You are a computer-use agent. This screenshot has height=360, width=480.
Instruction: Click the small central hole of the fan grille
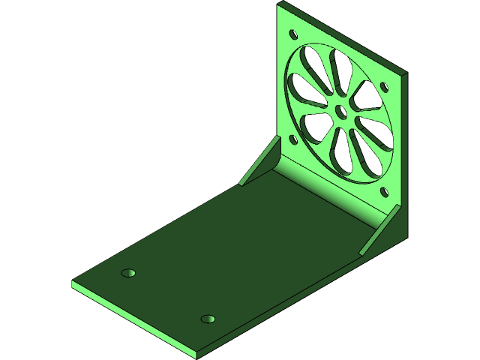(x=342, y=112)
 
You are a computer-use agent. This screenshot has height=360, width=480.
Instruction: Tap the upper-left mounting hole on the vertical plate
(x=293, y=34)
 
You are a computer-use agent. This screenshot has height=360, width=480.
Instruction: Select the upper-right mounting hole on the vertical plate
(x=388, y=85)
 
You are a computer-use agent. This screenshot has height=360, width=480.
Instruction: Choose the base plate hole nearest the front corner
(x=208, y=319)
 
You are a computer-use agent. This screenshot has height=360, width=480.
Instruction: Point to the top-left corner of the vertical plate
(x=279, y=4)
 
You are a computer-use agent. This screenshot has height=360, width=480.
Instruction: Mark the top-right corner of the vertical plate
(x=406, y=74)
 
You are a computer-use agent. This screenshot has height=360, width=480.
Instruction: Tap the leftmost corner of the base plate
(x=73, y=283)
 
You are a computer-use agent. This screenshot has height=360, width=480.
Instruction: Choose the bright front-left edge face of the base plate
(x=135, y=319)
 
